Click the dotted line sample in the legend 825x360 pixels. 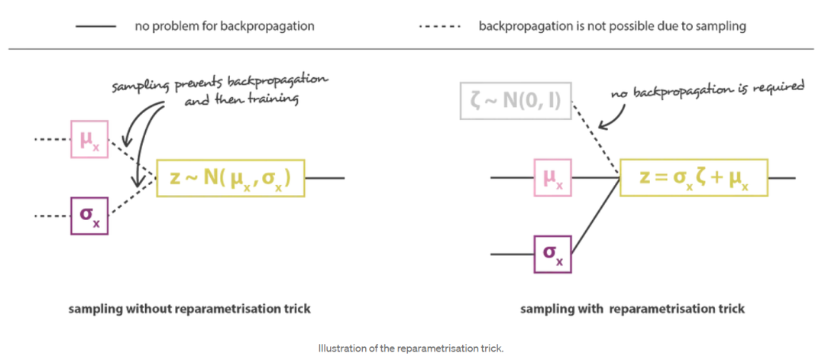pyautogui.click(x=439, y=26)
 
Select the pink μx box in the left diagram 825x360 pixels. pyautogui.click(x=89, y=139)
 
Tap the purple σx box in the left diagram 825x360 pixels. pyautogui.click(x=89, y=216)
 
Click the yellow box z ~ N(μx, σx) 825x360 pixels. pyautogui.click(x=231, y=178)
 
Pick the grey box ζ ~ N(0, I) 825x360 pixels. pyautogui.click(x=516, y=102)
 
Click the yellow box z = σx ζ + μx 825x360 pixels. pyautogui.click(x=694, y=178)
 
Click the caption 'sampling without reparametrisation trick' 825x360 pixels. pyautogui.click(x=189, y=309)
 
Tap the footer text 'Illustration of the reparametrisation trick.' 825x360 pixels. pyautogui.click(x=411, y=349)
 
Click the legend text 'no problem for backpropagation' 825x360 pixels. pyautogui.click(x=224, y=26)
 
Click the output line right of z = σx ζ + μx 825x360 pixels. pyautogui.click(x=781, y=178)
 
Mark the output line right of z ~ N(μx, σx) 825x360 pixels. pyautogui.click(x=325, y=178)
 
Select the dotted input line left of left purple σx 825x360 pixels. pyautogui.click(x=52, y=216)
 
